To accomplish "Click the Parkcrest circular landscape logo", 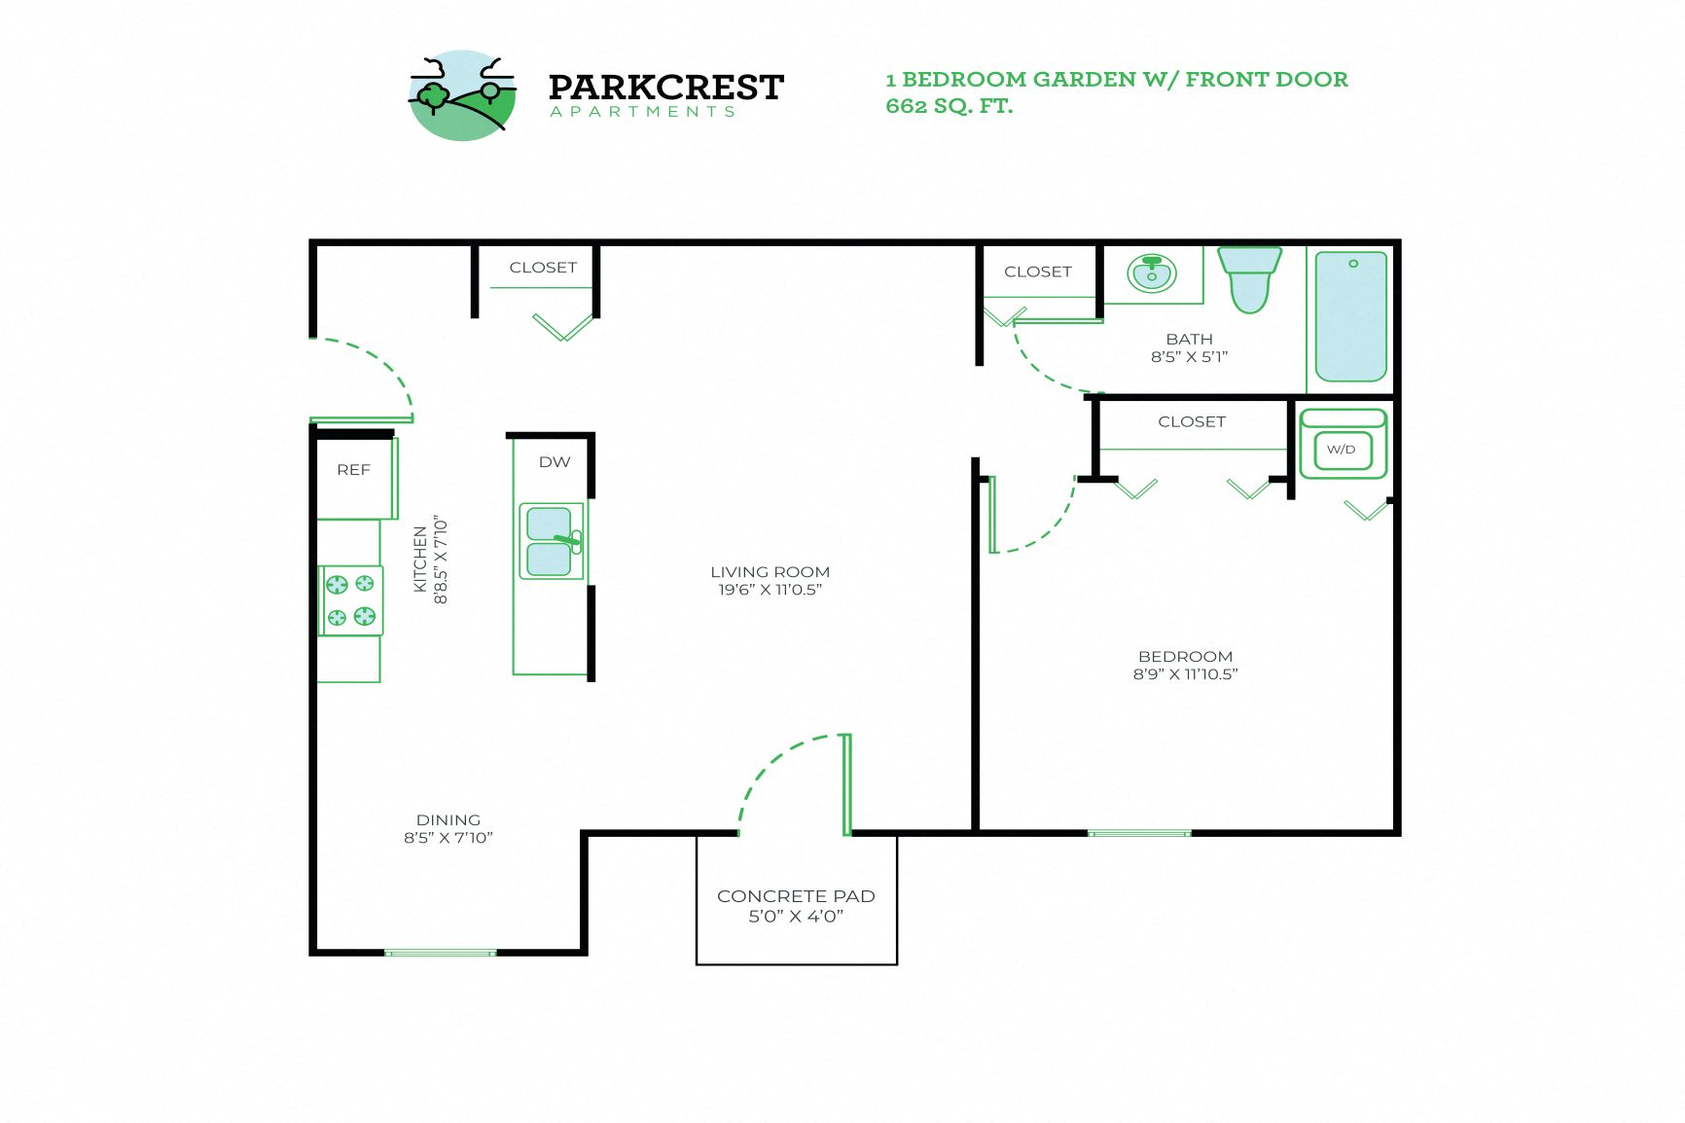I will click(462, 95).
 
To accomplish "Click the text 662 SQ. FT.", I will click(949, 106).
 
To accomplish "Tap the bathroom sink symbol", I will click(1152, 272).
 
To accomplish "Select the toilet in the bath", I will click(1249, 279).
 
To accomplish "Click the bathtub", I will click(1350, 316).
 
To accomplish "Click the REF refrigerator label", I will click(353, 470).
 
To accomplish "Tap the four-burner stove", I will click(351, 600).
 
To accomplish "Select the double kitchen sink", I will click(551, 542).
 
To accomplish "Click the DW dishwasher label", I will click(555, 462).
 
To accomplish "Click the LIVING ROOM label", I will click(770, 572).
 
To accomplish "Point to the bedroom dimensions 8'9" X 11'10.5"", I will click(1185, 674).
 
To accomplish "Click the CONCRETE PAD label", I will click(796, 896).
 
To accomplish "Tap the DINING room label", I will click(448, 820).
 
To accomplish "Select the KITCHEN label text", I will click(420, 560).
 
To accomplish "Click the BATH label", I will click(1189, 340).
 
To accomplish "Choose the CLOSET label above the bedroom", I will click(1191, 421).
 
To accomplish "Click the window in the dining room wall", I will click(441, 953).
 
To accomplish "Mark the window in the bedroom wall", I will click(1138, 833).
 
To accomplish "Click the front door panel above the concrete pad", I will click(846, 784).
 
